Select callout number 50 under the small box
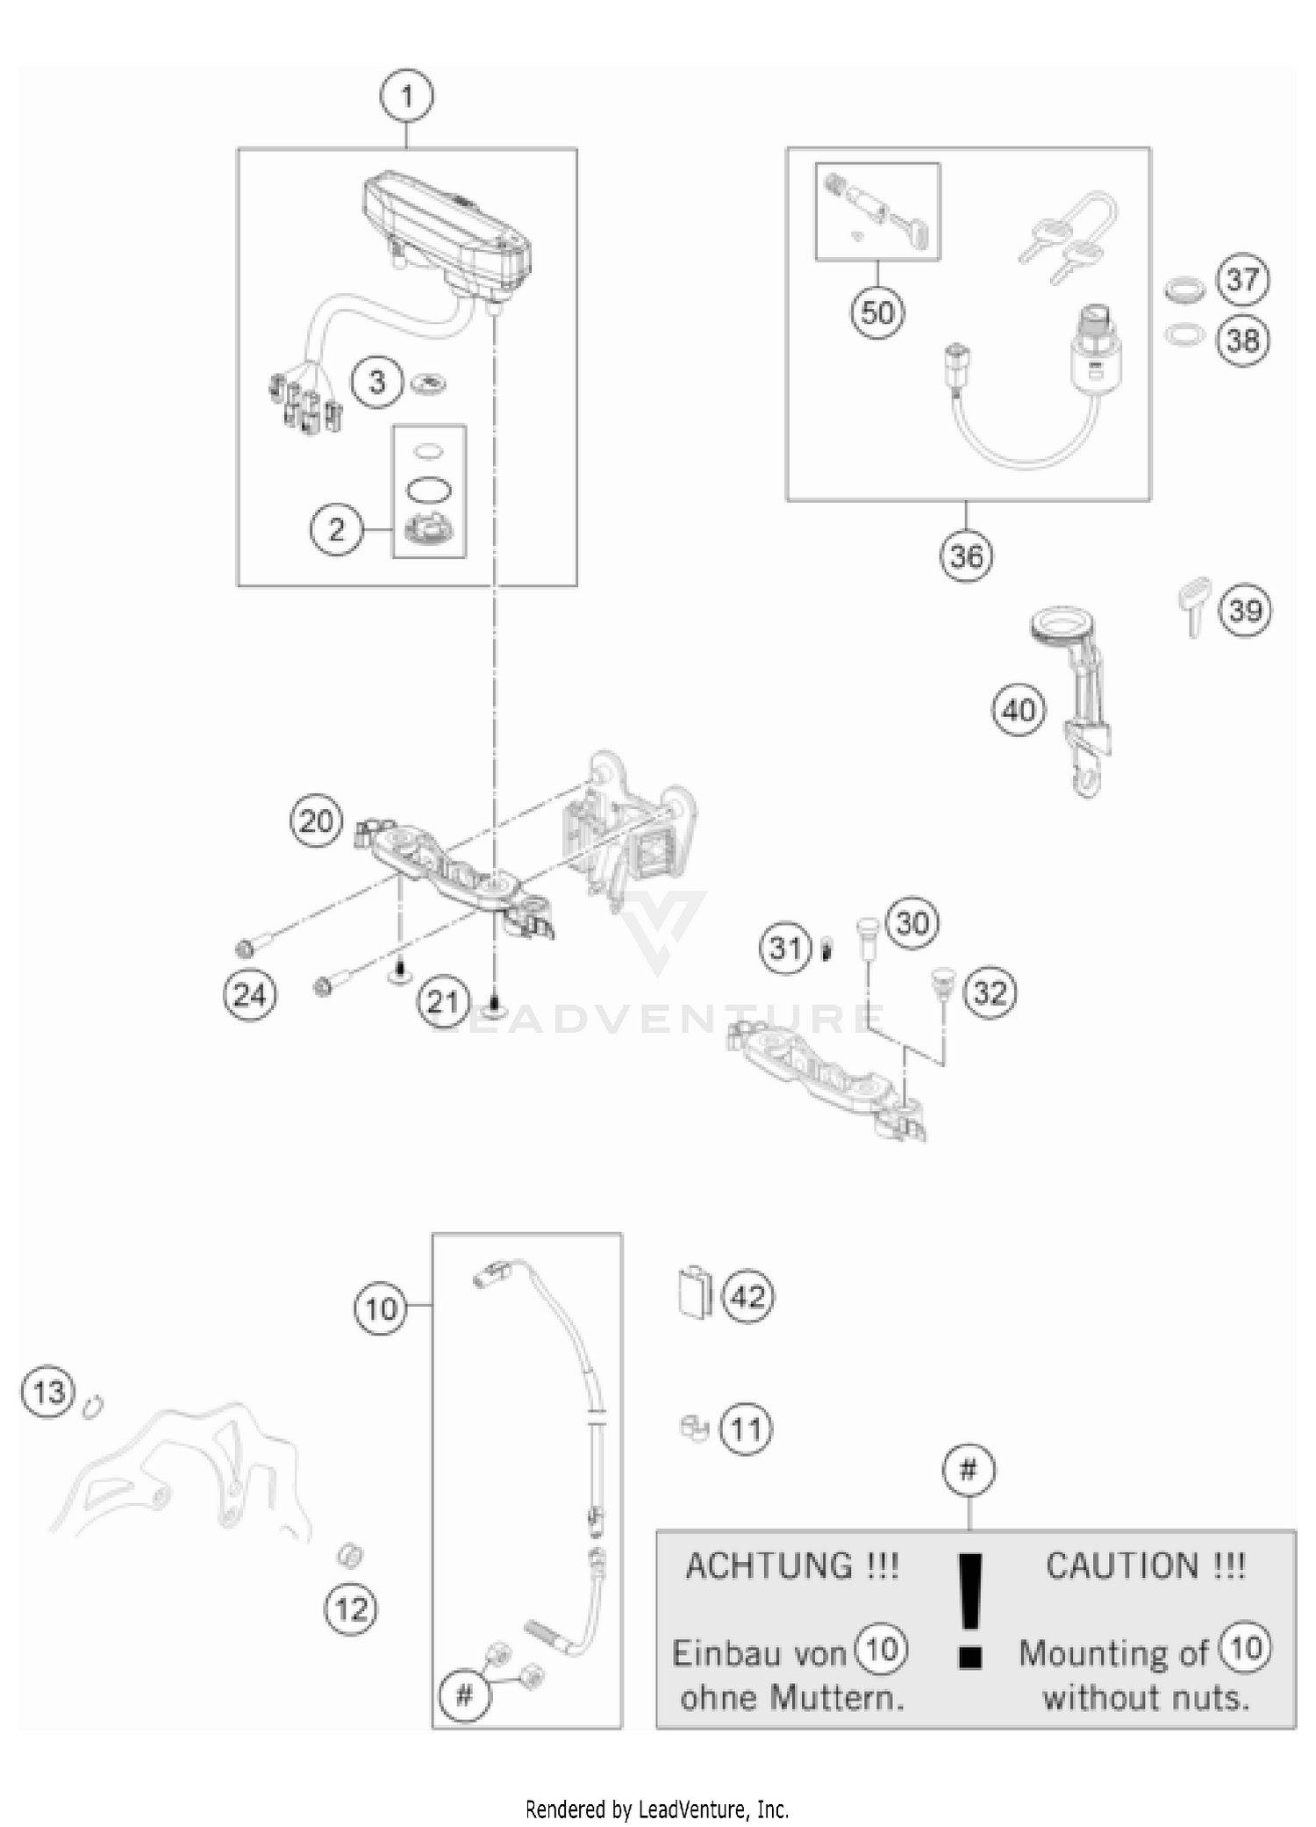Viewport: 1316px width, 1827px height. (876, 312)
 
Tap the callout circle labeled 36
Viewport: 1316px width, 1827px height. (966, 556)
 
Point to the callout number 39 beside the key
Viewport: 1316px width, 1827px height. (1245, 611)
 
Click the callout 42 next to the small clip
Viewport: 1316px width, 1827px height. (747, 1296)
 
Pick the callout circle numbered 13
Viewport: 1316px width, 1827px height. (48, 1392)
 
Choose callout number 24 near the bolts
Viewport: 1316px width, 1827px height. (250, 996)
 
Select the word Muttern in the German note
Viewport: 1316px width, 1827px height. (847, 1699)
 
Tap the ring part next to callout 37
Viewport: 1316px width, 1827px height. (1184, 289)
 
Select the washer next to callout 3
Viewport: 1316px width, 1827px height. (430, 383)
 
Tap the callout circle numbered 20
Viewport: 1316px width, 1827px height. (316, 822)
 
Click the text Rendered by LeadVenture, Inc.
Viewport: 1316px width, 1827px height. (657, 1809)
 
